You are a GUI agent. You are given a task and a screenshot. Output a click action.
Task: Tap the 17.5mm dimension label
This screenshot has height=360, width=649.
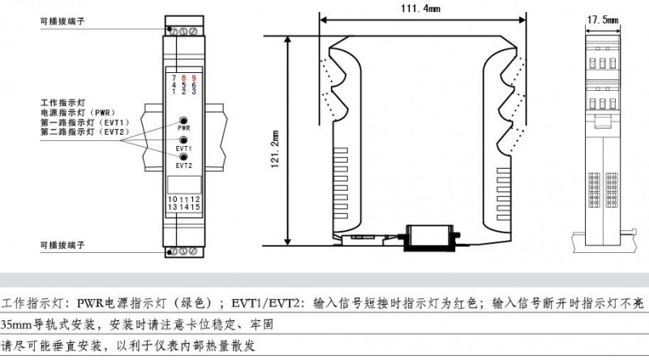[x=603, y=17]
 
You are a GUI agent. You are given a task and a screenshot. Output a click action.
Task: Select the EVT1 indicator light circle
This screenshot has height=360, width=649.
[x=184, y=139]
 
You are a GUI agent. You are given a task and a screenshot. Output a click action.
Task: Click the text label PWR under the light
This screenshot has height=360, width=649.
[x=184, y=128]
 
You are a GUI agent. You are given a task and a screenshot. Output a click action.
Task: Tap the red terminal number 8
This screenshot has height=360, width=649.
[x=183, y=77]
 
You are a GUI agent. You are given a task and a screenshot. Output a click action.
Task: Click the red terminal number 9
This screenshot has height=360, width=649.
[x=193, y=77]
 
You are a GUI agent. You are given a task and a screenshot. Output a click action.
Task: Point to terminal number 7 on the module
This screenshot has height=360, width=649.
[x=174, y=77]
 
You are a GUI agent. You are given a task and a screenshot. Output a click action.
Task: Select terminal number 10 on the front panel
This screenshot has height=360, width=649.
[x=172, y=199]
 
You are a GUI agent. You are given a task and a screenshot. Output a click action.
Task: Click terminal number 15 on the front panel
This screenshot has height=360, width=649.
[x=195, y=207]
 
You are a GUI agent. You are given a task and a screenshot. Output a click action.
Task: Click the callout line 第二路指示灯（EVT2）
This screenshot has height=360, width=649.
[x=84, y=132]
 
